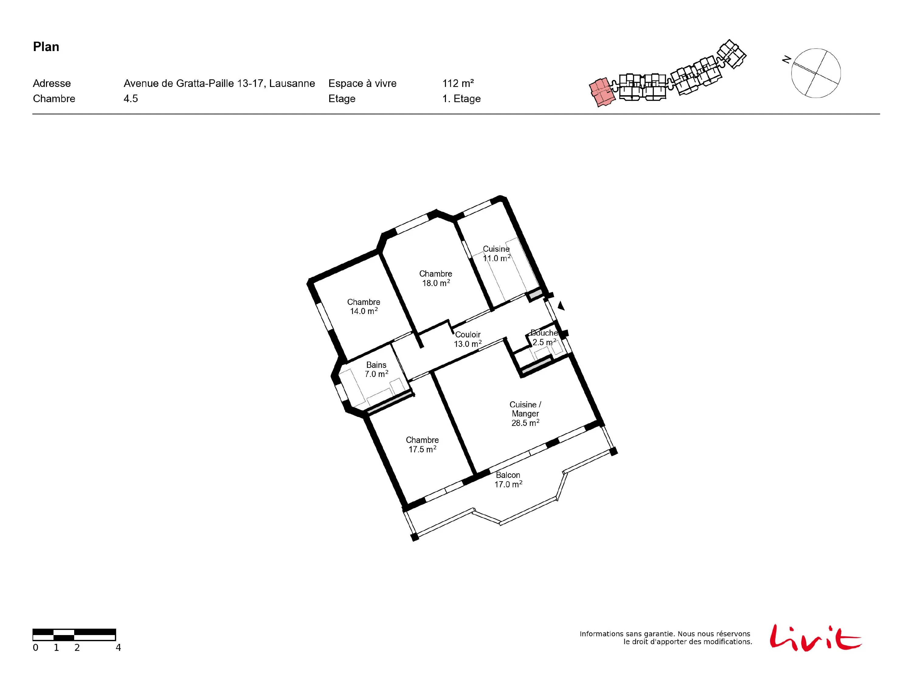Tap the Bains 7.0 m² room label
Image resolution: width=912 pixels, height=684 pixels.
(376, 369)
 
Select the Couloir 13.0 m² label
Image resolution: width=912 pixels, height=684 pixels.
(468, 339)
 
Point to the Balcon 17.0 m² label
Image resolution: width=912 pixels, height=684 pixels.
(508, 479)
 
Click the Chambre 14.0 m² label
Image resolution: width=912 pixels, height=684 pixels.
(364, 306)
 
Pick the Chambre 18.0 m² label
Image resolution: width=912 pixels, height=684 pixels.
(436, 278)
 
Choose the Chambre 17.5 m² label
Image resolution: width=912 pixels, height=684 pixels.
(422, 444)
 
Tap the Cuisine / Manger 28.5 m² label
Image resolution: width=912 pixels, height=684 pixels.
(525, 413)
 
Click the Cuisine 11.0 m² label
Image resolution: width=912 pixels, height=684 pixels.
(497, 254)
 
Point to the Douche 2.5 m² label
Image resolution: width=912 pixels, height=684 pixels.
(544, 337)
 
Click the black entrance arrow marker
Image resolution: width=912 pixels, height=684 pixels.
(561, 306)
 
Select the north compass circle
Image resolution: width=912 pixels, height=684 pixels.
(816, 73)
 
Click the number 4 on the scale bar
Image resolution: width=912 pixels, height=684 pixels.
(118, 648)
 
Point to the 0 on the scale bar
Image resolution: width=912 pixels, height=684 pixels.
(36, 648)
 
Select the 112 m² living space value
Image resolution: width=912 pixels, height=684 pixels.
(458, 83)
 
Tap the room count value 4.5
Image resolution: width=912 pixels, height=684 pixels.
(131, 98)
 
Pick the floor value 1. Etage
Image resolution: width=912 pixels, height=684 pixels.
(461, 99)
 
